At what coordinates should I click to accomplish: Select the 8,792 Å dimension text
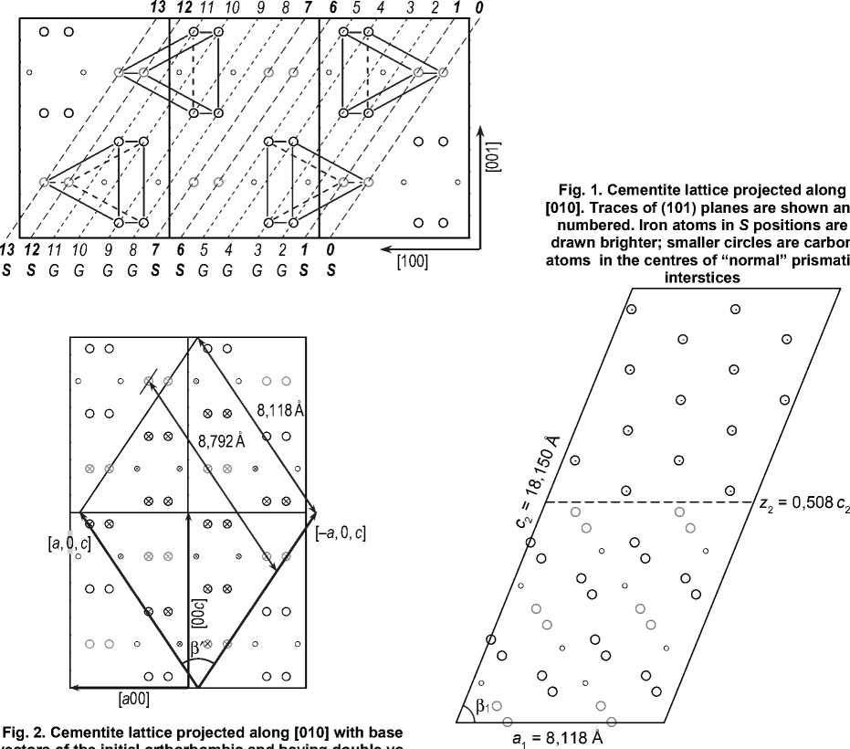222,439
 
